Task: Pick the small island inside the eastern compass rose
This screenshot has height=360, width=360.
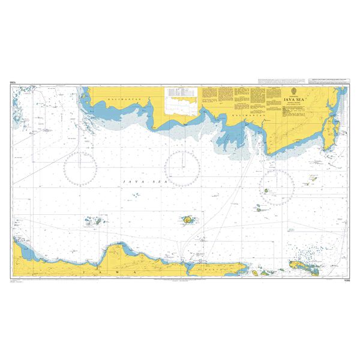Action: point(265,191)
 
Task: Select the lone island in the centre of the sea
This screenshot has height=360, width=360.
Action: point(188,221)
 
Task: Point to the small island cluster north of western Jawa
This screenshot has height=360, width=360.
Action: point(94,220)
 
